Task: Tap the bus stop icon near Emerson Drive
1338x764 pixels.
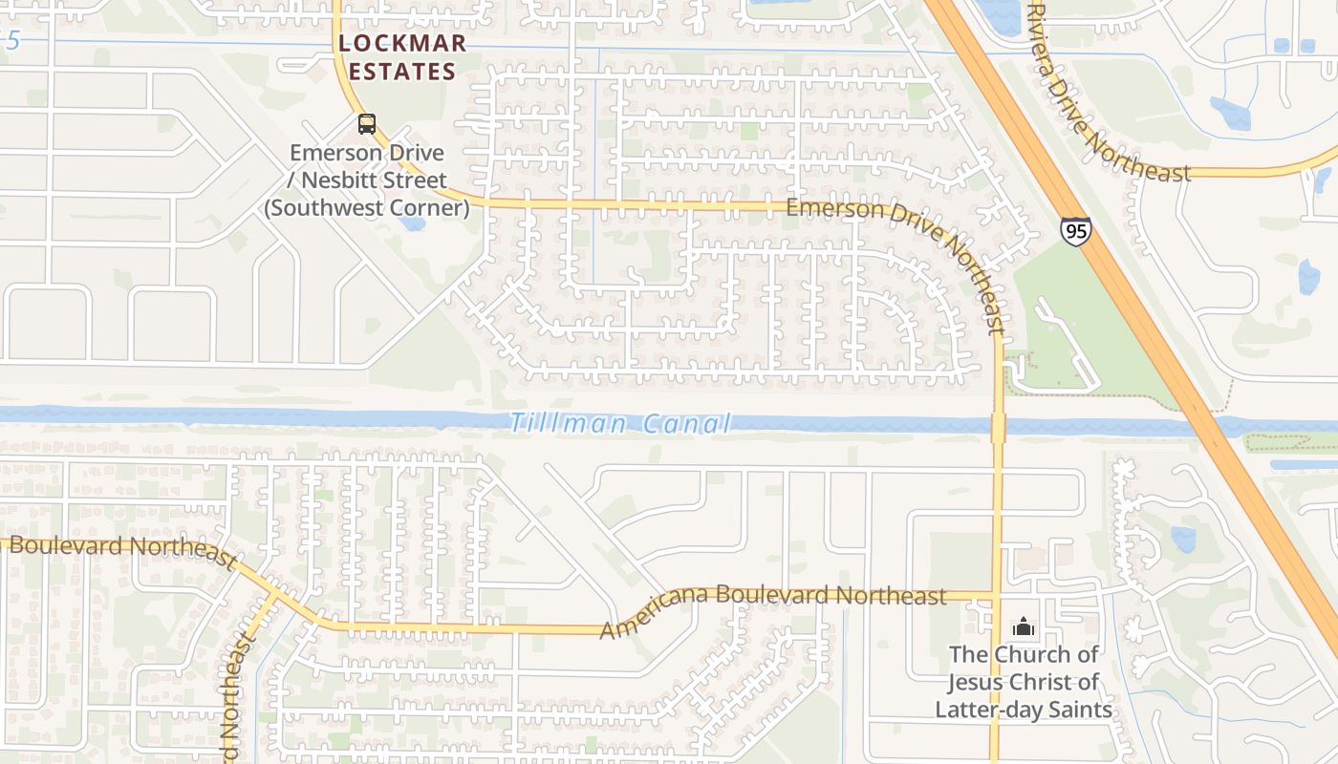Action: tap(367, 124)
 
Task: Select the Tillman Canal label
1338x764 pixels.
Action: tap(621, 423)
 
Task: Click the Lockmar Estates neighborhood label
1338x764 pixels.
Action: tap(401, 57)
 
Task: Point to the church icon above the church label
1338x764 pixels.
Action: tap(1024, 627)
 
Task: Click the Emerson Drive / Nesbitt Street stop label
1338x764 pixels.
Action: tap(367, 180)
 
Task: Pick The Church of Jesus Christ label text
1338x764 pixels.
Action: tap(1024, 682)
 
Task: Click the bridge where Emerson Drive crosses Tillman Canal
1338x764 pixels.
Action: tap(998, 427)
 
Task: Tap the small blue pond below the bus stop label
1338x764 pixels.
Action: tap(413, 223)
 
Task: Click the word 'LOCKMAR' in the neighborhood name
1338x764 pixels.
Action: tap(401, 43)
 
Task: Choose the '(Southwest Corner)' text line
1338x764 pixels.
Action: tap(367, 207)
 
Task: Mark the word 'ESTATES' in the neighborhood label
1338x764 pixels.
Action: tap(401, 72)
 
